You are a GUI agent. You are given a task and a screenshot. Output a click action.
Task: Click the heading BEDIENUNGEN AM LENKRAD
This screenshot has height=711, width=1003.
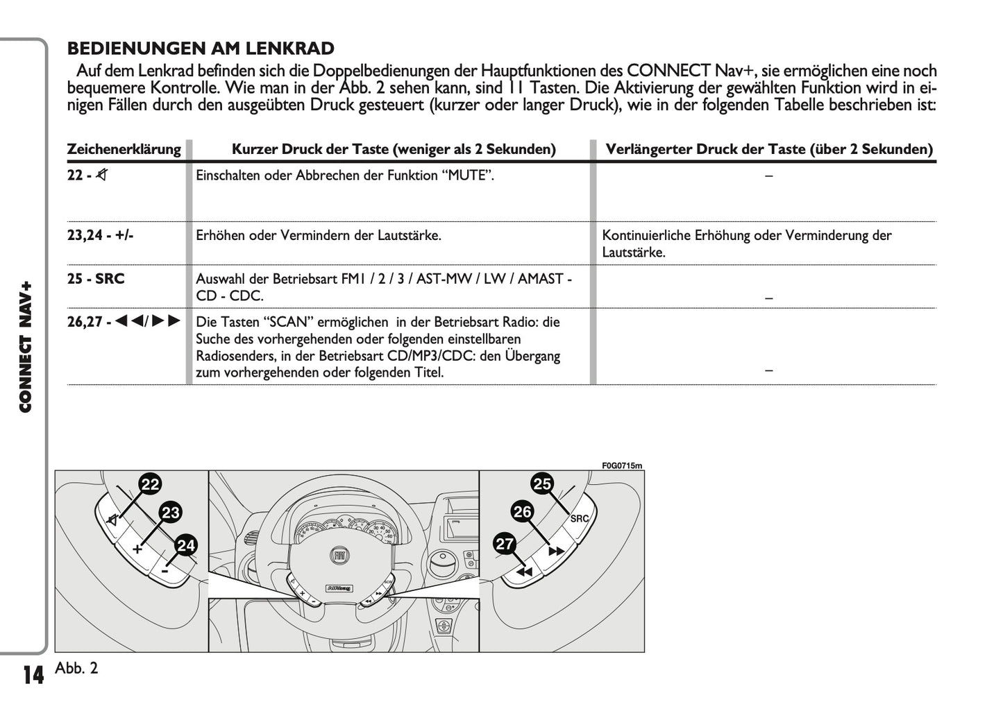coord(201,49)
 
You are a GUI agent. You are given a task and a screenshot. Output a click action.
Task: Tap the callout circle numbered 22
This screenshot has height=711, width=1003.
coord(150,484)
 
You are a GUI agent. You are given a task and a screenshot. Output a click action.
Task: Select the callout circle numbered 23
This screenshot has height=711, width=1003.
coord(170,513)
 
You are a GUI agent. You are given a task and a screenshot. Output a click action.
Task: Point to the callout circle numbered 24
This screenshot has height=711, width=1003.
coord(185,545)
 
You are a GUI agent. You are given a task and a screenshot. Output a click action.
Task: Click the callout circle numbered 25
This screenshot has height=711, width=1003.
coord(542,483)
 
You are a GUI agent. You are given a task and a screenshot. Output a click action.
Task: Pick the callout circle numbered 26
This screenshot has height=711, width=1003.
coord(522,512)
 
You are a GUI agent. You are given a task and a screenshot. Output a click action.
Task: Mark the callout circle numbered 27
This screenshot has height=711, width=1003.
coord(505,544)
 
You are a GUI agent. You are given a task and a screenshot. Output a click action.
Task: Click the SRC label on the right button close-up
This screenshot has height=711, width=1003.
coord(579,519)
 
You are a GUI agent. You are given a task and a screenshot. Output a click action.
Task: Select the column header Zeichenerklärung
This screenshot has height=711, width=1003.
coord(124,149)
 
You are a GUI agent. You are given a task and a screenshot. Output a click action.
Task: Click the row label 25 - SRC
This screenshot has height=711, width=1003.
coord(96,279)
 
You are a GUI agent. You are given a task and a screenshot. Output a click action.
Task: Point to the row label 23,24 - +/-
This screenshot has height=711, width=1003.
coord(100,235)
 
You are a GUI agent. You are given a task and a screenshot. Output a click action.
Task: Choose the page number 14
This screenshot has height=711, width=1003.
coord(33,675)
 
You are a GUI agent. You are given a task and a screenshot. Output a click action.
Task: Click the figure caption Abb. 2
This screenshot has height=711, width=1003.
coord(76,668)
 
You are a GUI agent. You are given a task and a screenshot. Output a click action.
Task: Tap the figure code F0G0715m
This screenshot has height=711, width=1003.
coord(622,465)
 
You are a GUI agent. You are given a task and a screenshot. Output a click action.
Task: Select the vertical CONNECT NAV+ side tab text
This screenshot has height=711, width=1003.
coord(26,347)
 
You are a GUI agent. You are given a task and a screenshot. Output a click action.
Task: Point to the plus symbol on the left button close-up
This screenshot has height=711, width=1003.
coord(137,549)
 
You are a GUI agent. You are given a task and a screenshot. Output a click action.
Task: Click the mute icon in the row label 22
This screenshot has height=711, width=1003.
coord(102,175)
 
